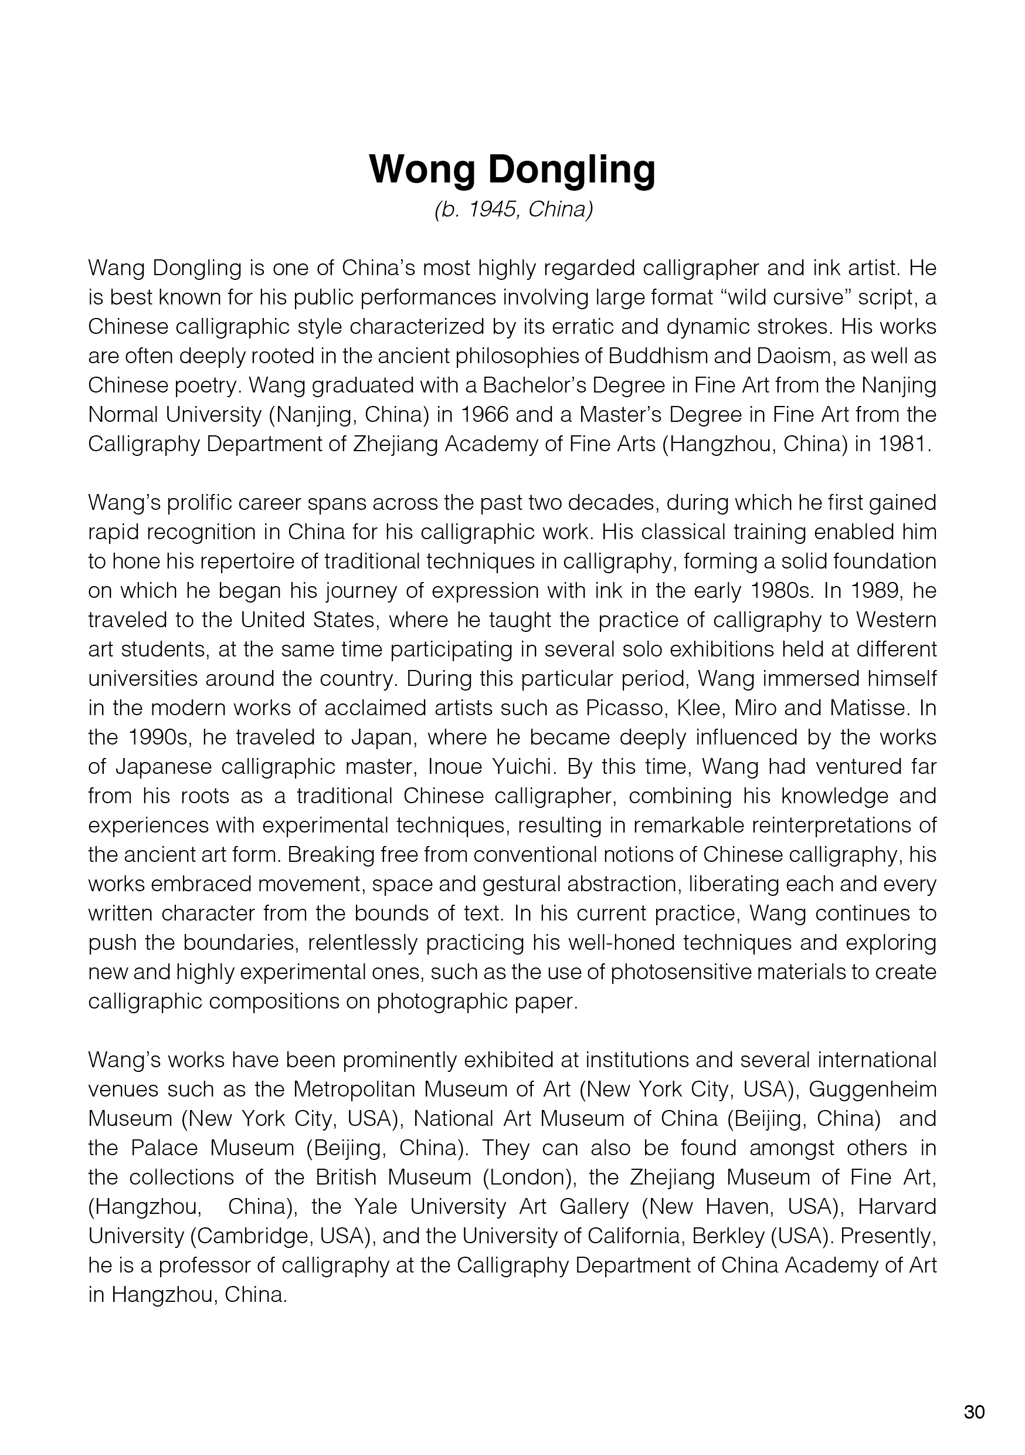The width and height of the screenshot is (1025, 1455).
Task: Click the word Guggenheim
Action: click(x=873, y=1089)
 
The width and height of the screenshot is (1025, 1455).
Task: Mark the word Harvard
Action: click(x=897, y=1207)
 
